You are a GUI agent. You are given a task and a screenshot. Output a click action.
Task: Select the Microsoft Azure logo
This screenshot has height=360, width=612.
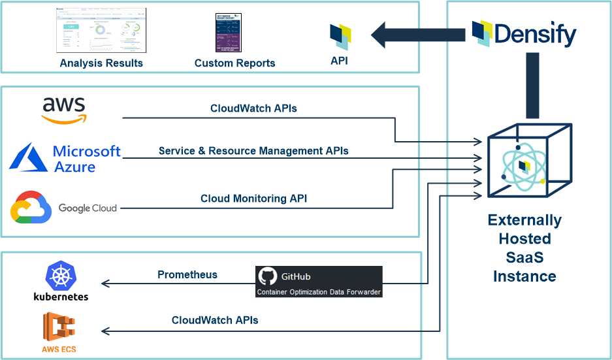click(65, 159)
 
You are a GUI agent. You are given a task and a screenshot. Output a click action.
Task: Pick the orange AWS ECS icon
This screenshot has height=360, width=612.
click(59, 326)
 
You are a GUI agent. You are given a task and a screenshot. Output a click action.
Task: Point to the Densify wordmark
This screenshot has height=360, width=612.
click(536, 33)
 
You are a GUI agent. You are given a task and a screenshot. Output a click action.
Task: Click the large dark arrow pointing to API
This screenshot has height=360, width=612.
click(417, 33)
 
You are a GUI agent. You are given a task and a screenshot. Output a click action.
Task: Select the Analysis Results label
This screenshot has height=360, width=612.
click(101, 63)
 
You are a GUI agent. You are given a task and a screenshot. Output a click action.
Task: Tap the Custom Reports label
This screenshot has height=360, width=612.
click(234, 63)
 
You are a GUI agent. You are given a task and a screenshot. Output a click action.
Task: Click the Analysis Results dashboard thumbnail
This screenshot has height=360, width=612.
click(101, 30)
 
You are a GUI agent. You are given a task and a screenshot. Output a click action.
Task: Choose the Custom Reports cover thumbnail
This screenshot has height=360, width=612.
click(228, 33)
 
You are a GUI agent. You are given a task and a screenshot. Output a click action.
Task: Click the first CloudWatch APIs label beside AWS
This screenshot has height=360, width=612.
click(253, 108)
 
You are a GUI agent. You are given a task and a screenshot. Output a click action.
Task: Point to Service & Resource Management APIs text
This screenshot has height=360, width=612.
click(253, 151)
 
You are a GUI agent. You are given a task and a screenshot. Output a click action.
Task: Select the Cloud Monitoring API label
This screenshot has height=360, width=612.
click(253, 199)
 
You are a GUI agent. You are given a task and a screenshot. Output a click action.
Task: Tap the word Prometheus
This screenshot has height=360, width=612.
click(187, 274)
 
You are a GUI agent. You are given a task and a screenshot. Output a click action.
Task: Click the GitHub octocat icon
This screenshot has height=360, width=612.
click(267, 276)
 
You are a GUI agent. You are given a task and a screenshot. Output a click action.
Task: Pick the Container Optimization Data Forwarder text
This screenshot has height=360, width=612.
click(319, 291)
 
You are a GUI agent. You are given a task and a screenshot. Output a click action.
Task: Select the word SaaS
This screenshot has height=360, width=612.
click(524, 257)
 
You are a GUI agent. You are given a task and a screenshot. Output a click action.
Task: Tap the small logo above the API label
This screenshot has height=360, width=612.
click(340, 37)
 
